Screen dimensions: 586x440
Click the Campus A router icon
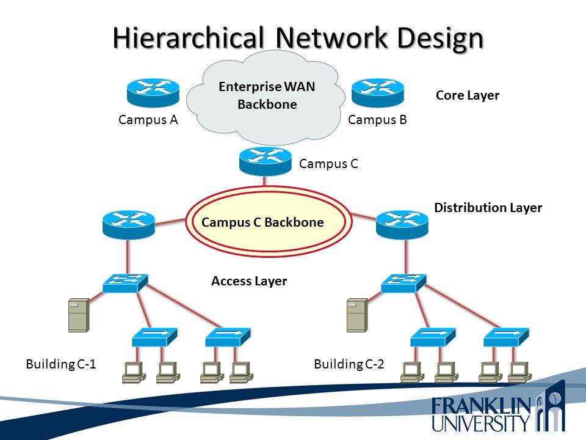coord(153,93)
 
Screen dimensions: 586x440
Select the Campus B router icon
coord(378,93)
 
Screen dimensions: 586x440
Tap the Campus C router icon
coord(266,161)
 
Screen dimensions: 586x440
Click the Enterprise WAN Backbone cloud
coord(266,97)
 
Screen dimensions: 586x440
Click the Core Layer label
coord(468,95)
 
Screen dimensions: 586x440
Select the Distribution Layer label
coord(488,208)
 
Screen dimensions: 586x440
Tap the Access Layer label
coord(249,281)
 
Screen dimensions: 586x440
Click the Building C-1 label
coord(61,364)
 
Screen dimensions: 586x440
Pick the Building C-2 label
coord(349,364)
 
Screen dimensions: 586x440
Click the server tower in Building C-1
coord(79,315)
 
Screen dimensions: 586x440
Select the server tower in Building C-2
coord(357,315)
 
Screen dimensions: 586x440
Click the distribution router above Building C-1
coord(129,224)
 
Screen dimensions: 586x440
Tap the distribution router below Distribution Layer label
coord(402,224)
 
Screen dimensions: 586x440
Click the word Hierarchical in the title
coord(189,38)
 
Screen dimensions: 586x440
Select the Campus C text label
coord(328,164)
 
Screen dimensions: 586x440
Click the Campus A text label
coord(148,120)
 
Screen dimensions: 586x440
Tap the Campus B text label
coord(377,120)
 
